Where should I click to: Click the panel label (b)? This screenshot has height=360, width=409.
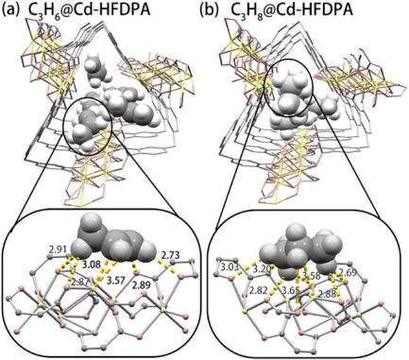click(x=209, y=10)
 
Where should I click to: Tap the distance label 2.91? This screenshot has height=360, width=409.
click(x=59, y=250)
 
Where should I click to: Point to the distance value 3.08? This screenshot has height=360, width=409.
click(x=91, y=264)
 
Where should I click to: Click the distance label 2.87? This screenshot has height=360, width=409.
click(x=79, y=283)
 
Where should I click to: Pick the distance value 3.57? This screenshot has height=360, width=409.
click(x=116, y=279)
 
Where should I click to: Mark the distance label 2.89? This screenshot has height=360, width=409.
click(x=141, y=286)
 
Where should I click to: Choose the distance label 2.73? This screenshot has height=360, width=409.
click(x=170, y=254)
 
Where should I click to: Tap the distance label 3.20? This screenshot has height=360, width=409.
click(x=260, y=267)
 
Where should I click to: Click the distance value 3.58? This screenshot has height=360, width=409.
click(x=312, y=276)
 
